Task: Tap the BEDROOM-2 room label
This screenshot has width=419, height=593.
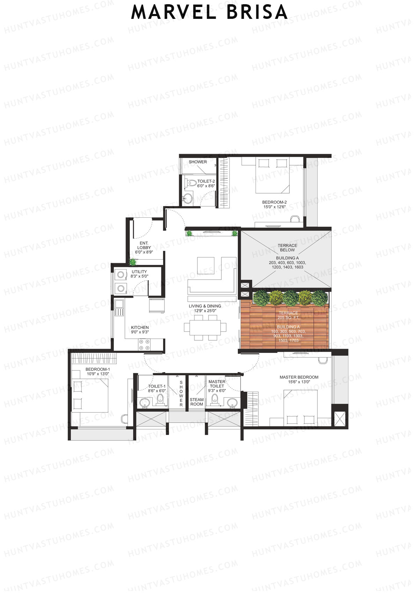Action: point(274,202)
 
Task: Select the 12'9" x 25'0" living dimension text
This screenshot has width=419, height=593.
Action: point(205,311)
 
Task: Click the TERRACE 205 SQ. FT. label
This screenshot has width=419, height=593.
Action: point(288,315)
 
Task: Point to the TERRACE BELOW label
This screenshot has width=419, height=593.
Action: point(287,248)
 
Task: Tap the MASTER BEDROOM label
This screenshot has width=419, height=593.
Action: point(299,377)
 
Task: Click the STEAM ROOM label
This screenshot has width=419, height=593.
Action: point(197,402)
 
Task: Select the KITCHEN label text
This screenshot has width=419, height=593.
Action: point(140,327)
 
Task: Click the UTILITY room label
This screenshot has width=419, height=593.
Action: point(139,272)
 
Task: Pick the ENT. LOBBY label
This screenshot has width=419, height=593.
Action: point(144,245)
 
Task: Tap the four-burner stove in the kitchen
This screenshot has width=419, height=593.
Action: point(144,345)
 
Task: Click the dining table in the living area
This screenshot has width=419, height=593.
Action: point(205,327)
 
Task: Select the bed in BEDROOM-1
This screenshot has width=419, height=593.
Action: point(90,396)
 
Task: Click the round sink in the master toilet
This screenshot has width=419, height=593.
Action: point(232,403)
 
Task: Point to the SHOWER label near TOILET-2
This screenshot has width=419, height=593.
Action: point(198,162)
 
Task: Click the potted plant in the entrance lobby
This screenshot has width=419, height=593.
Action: point(133,262)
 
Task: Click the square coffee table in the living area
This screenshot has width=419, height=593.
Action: point(206,266)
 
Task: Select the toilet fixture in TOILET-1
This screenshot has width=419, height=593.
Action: point(160,399)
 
